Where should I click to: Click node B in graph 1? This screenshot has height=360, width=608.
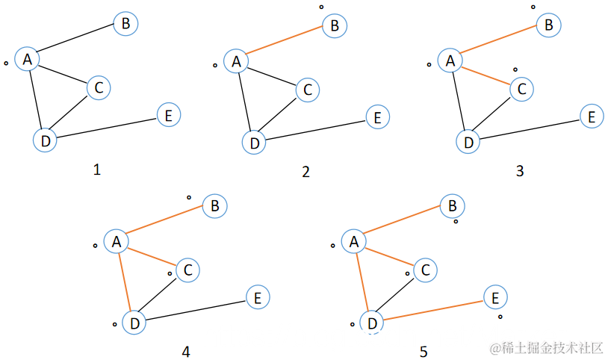(x=125, y=24)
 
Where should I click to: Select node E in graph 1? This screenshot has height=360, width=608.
(x=168, y=115)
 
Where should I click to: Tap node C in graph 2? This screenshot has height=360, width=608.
(x=306, y=90)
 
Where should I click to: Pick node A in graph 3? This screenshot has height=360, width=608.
(x=450, y=60)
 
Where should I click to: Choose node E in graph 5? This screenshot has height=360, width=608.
(x=492, y=298)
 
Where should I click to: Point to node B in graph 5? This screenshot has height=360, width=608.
(x=452, y=205)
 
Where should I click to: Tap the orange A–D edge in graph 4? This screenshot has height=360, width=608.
(x=125, y=282)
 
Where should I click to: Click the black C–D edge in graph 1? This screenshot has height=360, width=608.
(x=72, y=112)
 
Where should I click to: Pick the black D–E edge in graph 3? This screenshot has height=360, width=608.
(x=529, y=128)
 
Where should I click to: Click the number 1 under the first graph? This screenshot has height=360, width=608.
(x=96, y=170)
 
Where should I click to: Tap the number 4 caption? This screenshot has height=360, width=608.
(x=185, y=351)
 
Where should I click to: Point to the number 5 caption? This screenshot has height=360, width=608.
(x=424, y=351)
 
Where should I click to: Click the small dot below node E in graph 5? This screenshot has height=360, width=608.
(x=500, y=317)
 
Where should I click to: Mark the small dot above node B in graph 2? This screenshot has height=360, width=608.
(x=322, y=7)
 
